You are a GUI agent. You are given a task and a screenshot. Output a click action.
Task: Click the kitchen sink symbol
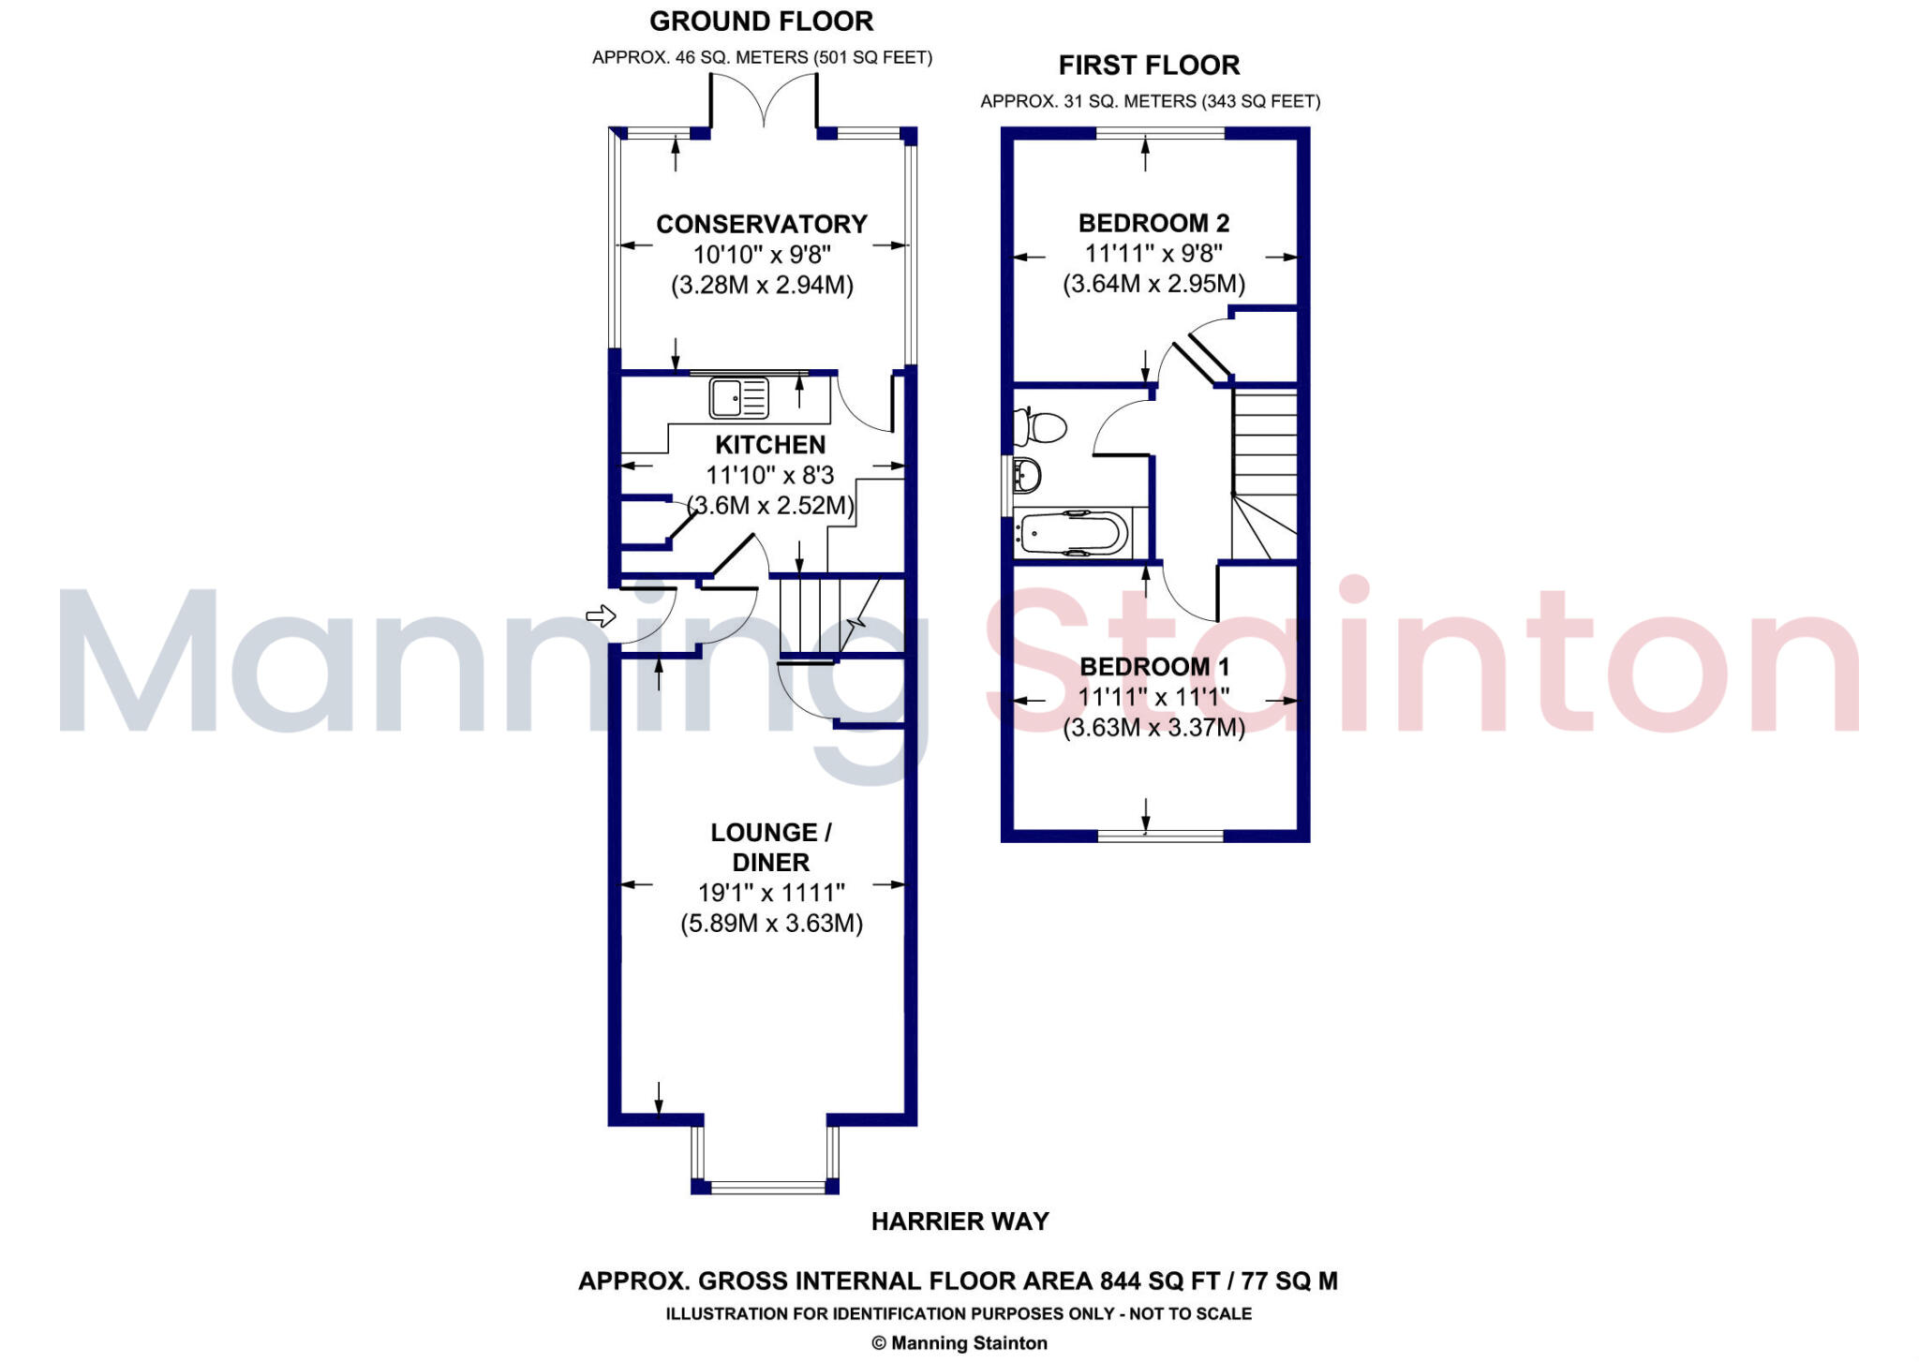click(738, 397)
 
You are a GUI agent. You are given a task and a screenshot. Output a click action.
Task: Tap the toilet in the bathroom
click(1043, 428)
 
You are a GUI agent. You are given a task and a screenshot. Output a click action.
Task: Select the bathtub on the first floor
click(1074, 534)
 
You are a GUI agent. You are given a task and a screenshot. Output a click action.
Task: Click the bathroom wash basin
click(1027, 475)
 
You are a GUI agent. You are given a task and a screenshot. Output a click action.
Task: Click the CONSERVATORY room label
click(761, 224)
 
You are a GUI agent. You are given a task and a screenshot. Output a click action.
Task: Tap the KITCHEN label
click(770, 444)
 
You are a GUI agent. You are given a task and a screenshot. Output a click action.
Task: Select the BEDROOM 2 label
click(1153, 223)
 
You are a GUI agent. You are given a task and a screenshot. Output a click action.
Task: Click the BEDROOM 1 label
click(1153, 666)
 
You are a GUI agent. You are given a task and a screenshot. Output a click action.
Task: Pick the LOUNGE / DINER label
click(770, 847)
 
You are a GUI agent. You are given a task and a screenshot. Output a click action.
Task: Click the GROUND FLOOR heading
click(761, 21)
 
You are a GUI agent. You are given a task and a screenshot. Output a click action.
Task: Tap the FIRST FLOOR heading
click(1149, 65)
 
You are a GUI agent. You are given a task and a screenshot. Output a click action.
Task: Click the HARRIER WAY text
click(959, 1221)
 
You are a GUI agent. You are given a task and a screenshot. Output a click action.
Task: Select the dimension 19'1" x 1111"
click(770, 893)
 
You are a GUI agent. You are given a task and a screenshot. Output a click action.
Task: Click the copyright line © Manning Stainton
click(959, 1343)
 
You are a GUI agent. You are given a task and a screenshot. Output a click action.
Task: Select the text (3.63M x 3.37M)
click(1153, 727)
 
